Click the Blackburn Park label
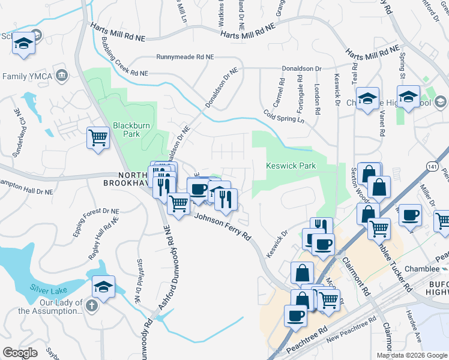coord(126,130)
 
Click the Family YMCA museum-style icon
coord(61,76)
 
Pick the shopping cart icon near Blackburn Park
coord(98,137)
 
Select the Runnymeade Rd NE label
coord(185,56)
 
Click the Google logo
coord(20,353)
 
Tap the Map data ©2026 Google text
coord(411,355)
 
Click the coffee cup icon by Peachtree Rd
coord(296,315)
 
